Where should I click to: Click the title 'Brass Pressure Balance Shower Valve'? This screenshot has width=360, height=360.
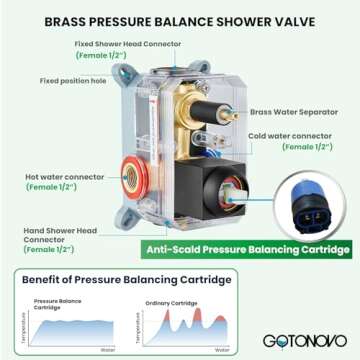click(x=179, y=20)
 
